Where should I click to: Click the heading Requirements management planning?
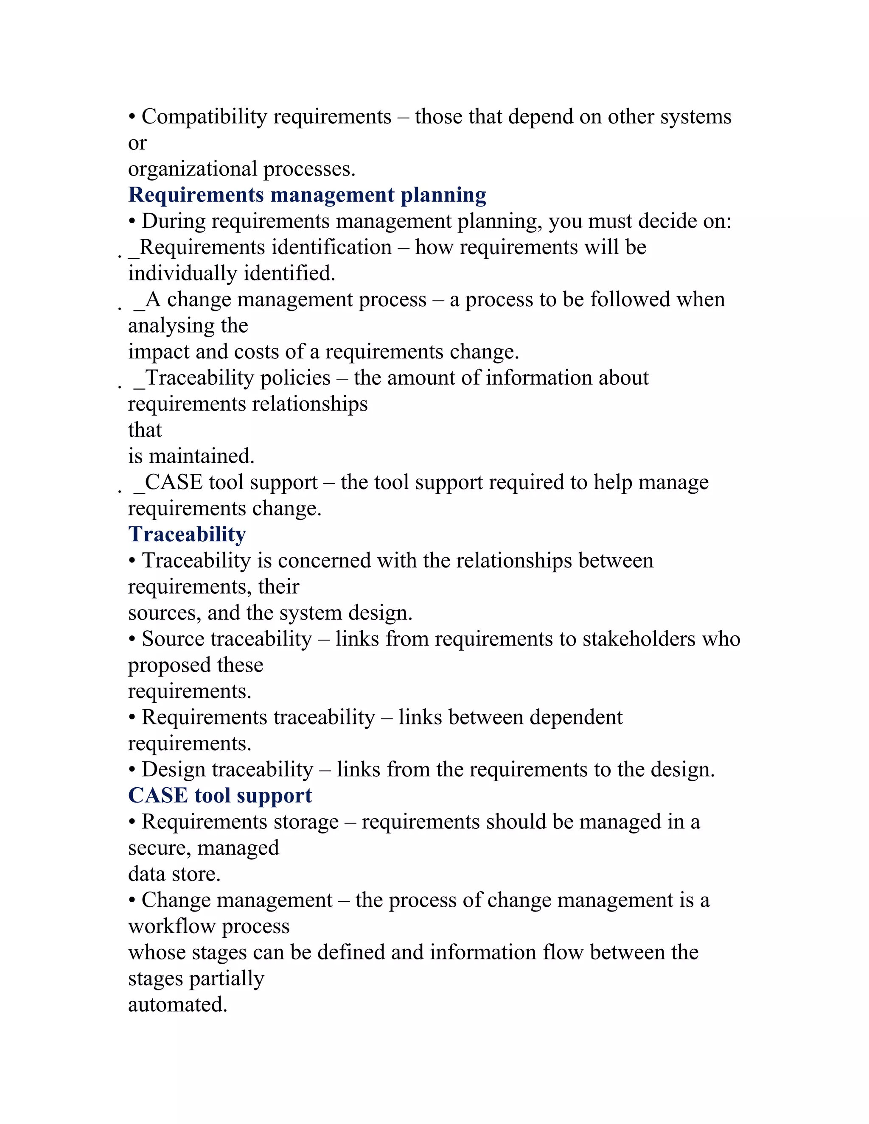coord(307,195)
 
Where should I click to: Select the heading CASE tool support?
coord(220,795)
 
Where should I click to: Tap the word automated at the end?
coord(177,1004)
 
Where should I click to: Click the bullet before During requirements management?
coord(132,222)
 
